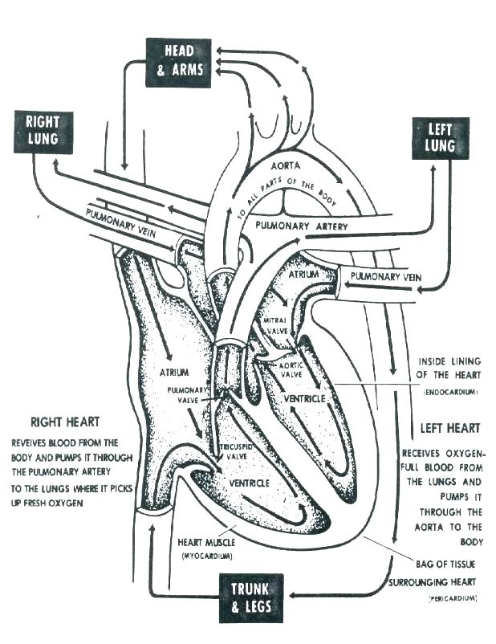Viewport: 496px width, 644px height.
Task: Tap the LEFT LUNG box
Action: (x=440, y=137)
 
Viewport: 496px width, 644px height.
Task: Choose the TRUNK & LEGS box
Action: (x=252, y=597)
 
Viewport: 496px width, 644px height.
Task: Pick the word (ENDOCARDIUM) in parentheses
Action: (x=450, y=392)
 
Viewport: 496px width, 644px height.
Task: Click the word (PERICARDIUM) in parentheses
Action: (x=451, y=599)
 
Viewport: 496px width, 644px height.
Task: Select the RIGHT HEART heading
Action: (x=63, y=422)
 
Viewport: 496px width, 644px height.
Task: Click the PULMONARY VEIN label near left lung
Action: (x=386, y=276)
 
